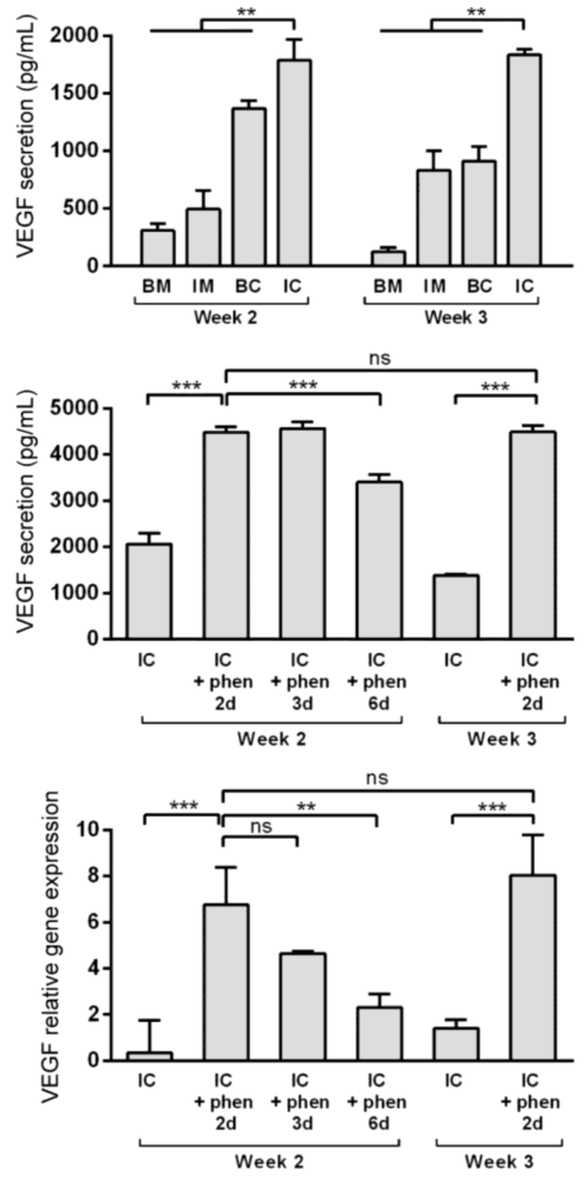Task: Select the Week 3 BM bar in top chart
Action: coord(388,258)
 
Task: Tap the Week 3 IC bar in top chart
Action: coord(524,160)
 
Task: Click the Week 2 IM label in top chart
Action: coord(203,286)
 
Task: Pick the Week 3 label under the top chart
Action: coord(456,317)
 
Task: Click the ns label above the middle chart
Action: coord(380,358)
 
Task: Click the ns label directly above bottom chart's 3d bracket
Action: coord(261,827)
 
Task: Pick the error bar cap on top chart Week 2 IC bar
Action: coord(295,40)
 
